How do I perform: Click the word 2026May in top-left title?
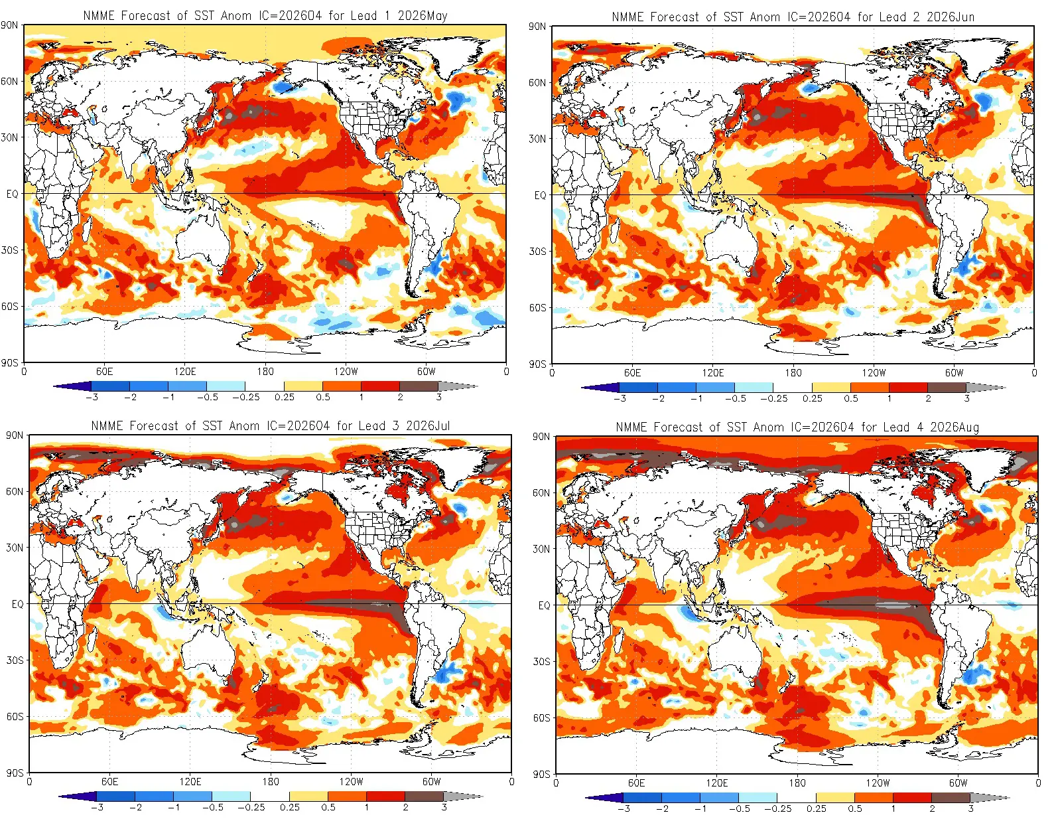[422, 15]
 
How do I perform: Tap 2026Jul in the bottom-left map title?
[427, 425]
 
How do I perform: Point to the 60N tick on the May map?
[9, 82]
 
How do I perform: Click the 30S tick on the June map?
[537, 252]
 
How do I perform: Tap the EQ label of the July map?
[17, 604]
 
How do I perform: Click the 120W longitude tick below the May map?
[345, 372]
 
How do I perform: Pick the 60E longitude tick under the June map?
[632, 373]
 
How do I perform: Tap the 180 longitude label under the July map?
[270, 782]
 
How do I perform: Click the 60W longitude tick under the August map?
[958, 783]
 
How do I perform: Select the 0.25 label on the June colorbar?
[812, 398]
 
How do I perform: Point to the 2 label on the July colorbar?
[405, 807]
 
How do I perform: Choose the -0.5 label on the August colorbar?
[739, 808]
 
